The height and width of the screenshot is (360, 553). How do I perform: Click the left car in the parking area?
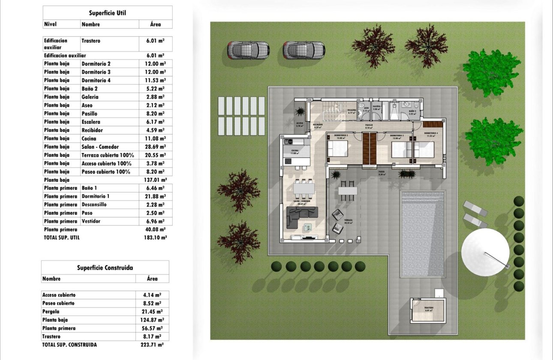pyautogui.click(x=248, y=50)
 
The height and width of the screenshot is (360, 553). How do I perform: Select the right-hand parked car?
pyautogui.click(x=304, y=50)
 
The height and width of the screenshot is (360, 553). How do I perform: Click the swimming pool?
pyautogui.click(x=422, y=234)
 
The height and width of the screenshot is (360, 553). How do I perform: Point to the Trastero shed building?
pyautogui.click(x=428, y=311)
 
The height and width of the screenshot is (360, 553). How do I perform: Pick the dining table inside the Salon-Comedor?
pyautogui.click(x=304, y=188)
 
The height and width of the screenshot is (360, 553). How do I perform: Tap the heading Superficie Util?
pyautogui.click(x=108, y=13)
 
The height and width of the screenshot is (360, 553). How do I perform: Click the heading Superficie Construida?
pyautogui.click(x=105, y=268)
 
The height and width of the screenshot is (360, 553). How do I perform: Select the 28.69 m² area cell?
pyautogui.click(x=156, y=147)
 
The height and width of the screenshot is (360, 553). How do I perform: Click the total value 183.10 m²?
pyautogui.click(x=156, y=237)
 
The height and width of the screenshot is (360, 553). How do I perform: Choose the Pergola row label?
pyautogui.click(x=51, y=312)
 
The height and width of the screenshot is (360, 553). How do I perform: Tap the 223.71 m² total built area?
pyautogui.click(x=152, y=345)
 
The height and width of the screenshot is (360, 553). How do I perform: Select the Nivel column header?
pyautogui.click(x=51, y=24)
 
